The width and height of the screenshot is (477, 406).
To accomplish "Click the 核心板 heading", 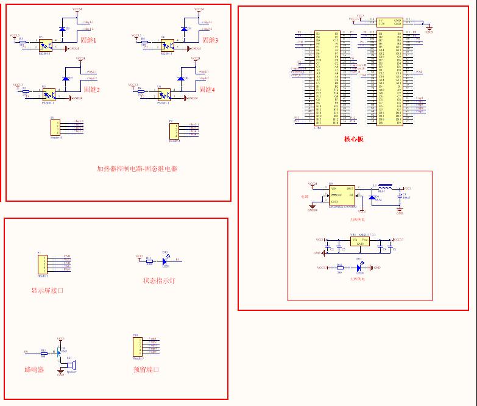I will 353,139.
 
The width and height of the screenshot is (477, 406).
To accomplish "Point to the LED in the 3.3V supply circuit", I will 359,267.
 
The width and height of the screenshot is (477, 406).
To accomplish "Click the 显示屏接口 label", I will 48,290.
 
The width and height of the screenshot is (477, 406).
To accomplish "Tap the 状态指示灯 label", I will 160,281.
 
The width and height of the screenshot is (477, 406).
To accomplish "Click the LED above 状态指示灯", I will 164,260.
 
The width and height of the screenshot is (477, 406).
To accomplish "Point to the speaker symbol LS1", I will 69,364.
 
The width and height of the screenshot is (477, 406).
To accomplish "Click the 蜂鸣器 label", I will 34,370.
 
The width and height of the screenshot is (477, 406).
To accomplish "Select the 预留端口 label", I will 147,370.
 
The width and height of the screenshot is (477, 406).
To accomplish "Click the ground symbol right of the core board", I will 429,27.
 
